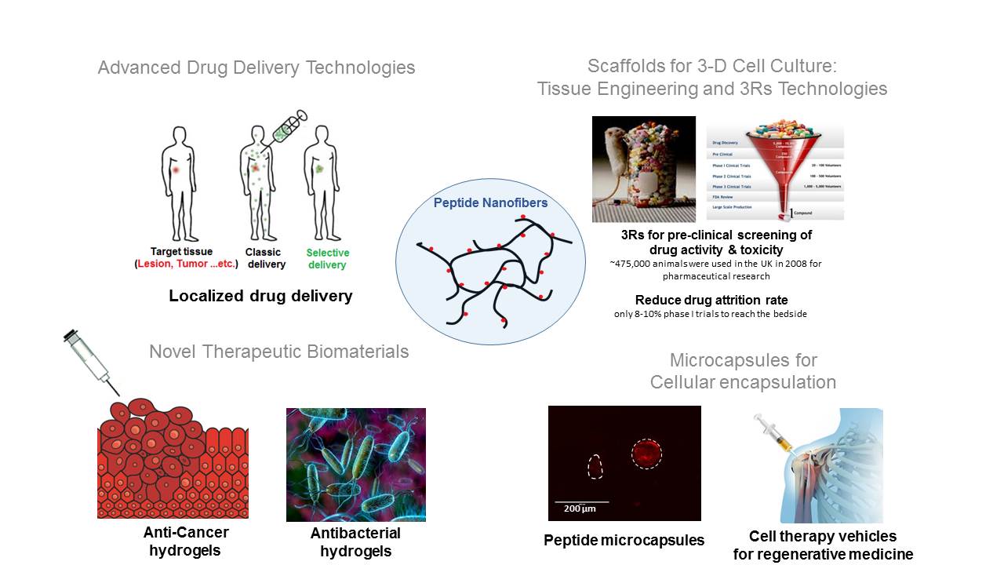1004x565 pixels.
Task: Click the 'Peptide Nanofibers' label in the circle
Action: pyautogui.click(x=490, y=203)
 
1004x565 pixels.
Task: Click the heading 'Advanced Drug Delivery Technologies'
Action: pyautogui.click(x=256, y=67)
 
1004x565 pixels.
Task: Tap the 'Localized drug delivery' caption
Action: pyautogui.click(x=260, y=296)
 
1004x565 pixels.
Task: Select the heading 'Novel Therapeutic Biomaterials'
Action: pyautogui.click(x=278, y=352)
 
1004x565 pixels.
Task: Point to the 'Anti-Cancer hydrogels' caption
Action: pyautogui.click(x=186, y=541)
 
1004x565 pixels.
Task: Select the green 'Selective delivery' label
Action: pyautogui.click(x=327, y=259)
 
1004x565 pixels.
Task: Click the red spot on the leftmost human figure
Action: pyautogui.click(x=176, y=169)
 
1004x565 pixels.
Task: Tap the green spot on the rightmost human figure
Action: pyautogui.click(x=319, y=169)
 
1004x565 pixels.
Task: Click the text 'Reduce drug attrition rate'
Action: pyautogui.click(x=711, y=301)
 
